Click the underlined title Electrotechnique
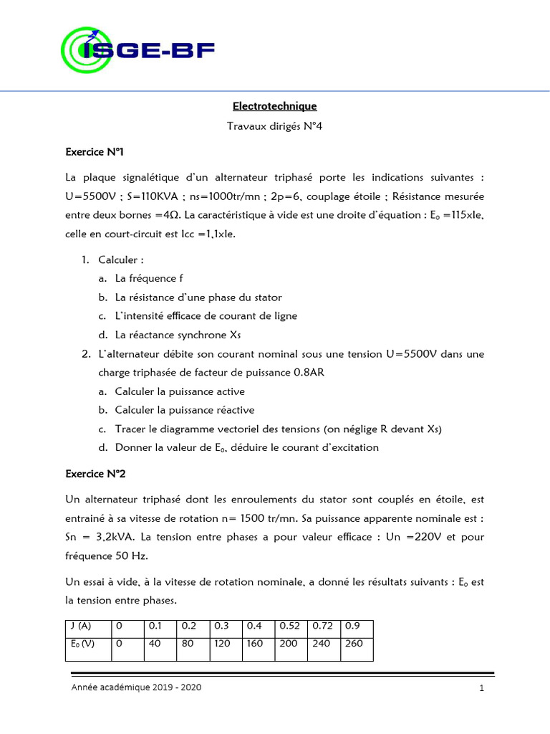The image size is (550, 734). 274,106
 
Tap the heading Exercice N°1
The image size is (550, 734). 95,152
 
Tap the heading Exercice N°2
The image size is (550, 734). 95,473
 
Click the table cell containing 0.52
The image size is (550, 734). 290,626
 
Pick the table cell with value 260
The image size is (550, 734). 356,643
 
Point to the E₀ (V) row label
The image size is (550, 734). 80,643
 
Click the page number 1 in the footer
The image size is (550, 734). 482,689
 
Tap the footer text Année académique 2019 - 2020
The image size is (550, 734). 136,687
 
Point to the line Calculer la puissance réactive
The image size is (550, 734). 185,410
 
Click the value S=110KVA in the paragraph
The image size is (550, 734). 143,196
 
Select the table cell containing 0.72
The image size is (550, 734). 323,626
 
